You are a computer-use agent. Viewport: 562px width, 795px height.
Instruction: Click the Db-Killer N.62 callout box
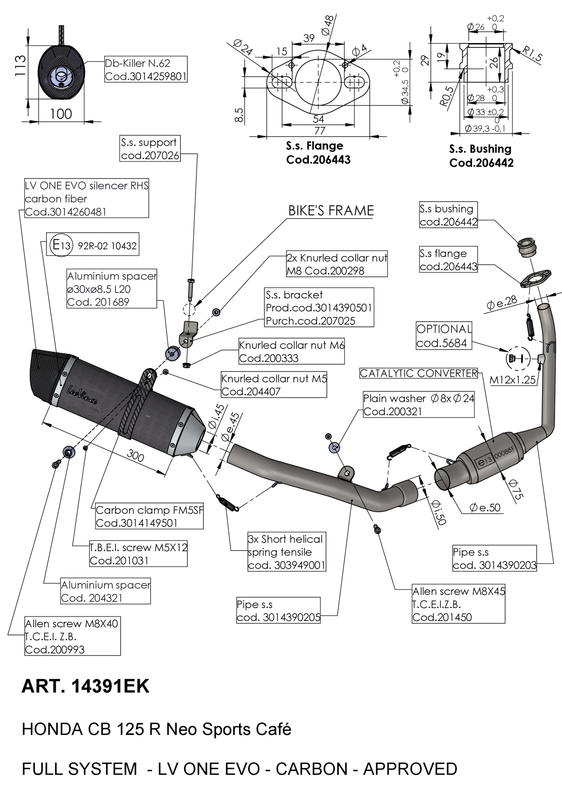point(145,69)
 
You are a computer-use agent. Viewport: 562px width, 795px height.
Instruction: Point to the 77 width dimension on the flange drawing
point(319,131)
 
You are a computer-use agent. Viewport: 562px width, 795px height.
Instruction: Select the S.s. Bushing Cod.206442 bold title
point(481,155)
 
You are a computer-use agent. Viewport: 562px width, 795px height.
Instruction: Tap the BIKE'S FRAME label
point(331,211)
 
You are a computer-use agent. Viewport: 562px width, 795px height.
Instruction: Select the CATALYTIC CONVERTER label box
point(419,373)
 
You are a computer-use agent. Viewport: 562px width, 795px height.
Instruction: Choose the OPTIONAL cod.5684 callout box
point(444,336)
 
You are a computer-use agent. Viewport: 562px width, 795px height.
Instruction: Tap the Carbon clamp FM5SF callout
point(149,516)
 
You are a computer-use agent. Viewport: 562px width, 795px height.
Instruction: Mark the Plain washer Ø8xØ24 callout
point(419,405)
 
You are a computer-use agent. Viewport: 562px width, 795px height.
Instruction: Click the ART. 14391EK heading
point(85,686)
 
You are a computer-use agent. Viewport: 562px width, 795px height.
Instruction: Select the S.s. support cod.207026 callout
point(150,149)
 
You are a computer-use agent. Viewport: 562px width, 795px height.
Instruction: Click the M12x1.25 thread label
point(513,380)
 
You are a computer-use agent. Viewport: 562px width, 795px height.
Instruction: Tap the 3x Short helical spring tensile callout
point(287,552)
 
